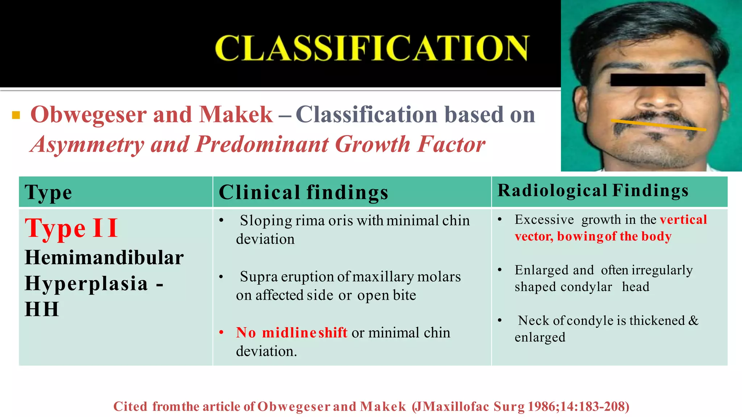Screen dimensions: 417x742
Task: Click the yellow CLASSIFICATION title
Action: [x=372, y=48]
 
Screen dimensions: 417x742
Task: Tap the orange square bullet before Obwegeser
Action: [x=16, y=115]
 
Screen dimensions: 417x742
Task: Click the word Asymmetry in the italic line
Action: [x=87, y=144]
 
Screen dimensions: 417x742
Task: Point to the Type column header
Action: [x=48, y=192]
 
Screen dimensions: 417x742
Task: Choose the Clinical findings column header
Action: [x=303, y=192]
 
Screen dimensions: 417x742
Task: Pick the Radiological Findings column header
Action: [x=593, y=190]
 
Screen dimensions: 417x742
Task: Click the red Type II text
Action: [x=71, y=228]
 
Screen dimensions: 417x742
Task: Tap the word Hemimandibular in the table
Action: [x=104, y=258]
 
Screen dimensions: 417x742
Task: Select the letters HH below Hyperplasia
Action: [x=42, y=309]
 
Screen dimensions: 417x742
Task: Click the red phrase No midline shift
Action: [x=291, y=333]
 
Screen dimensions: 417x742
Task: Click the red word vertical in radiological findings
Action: [x=683, y=220]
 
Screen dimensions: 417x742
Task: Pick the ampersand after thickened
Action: [x=693, y=320]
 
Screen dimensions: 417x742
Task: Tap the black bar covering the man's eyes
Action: [x=657, y=80]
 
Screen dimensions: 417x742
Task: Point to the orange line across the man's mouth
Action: [x=658, y=125]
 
